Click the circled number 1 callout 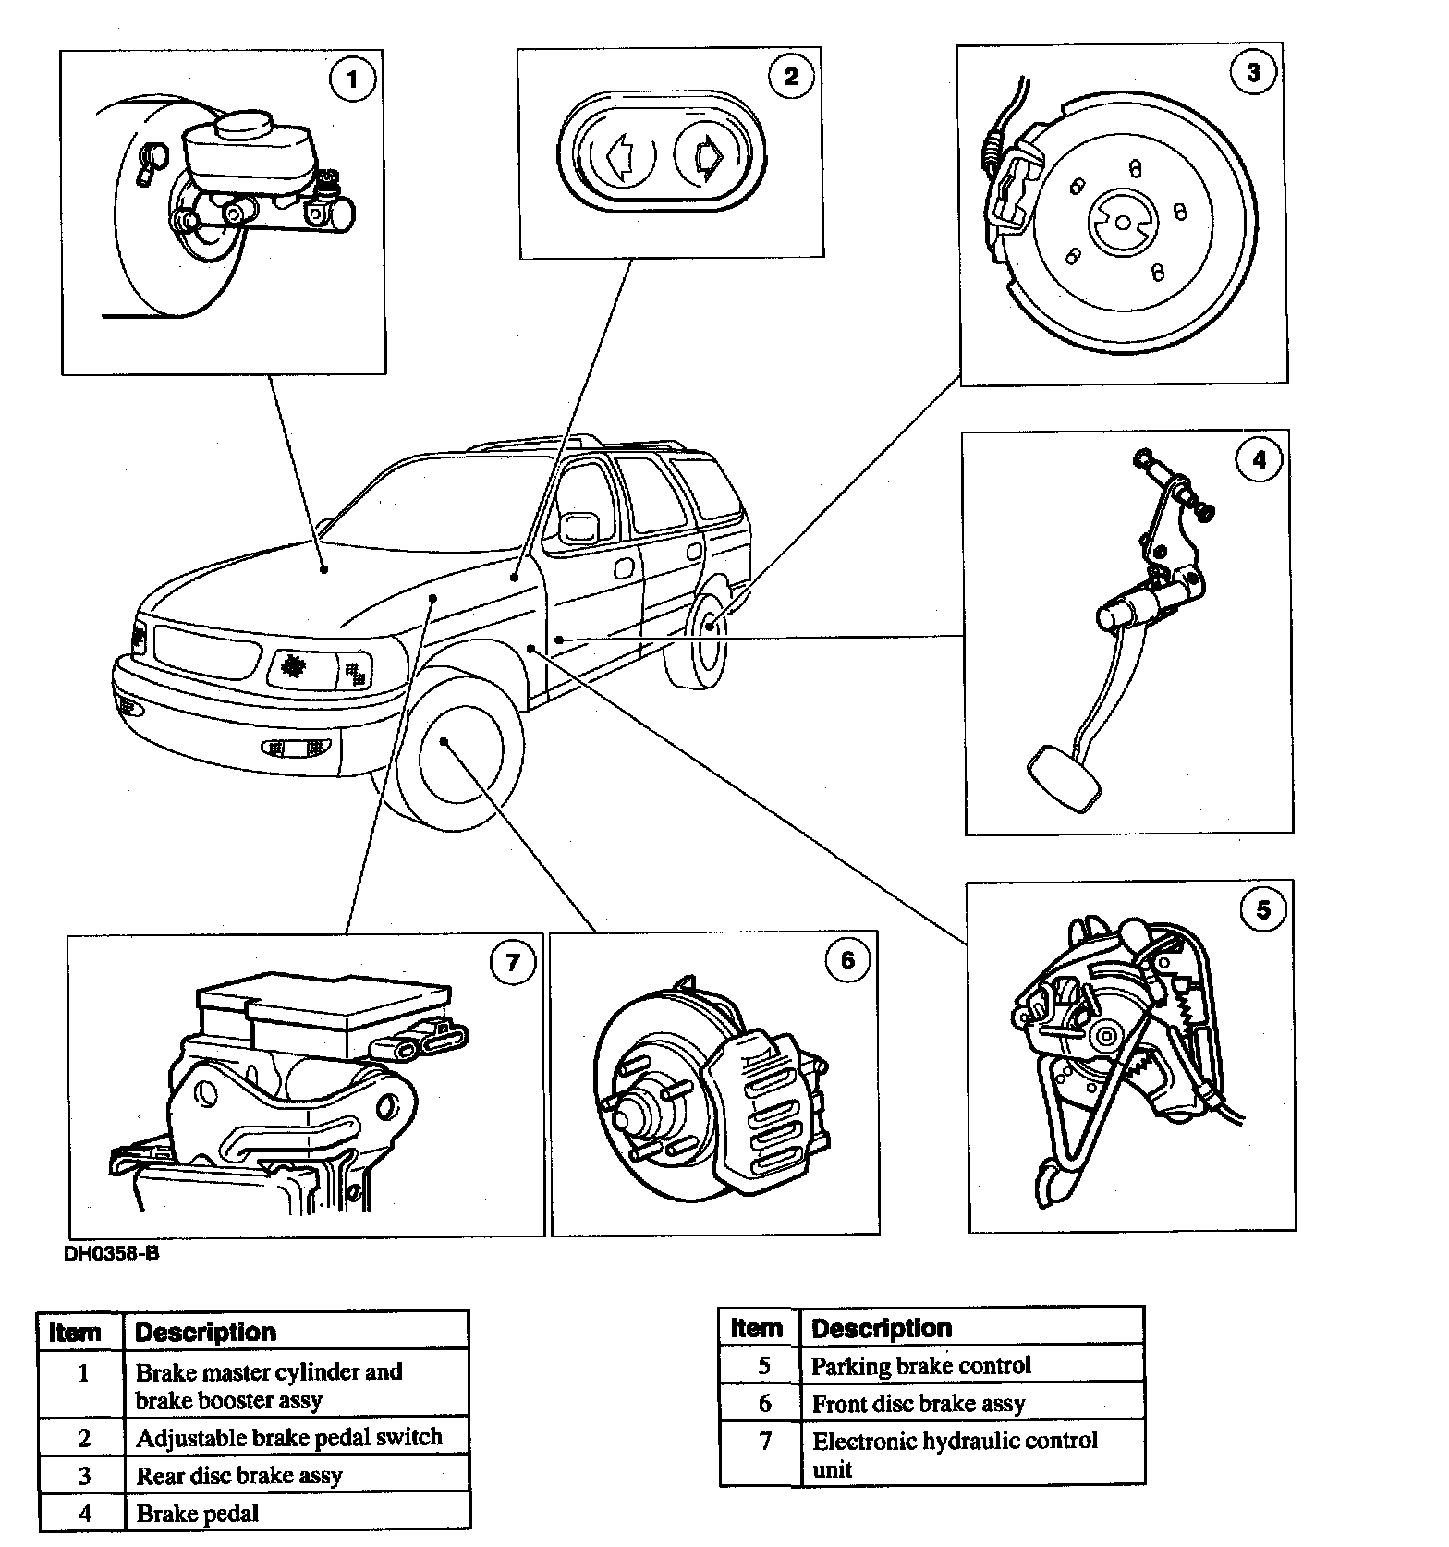351,79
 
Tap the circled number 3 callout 1253,73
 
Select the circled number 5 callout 1262,910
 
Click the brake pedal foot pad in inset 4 1065,778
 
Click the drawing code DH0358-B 104,1254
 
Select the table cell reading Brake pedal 198,1514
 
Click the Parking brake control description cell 920,1366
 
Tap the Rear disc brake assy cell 239,1476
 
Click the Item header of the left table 75,1333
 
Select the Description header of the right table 882,1329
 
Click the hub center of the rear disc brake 1121,223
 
